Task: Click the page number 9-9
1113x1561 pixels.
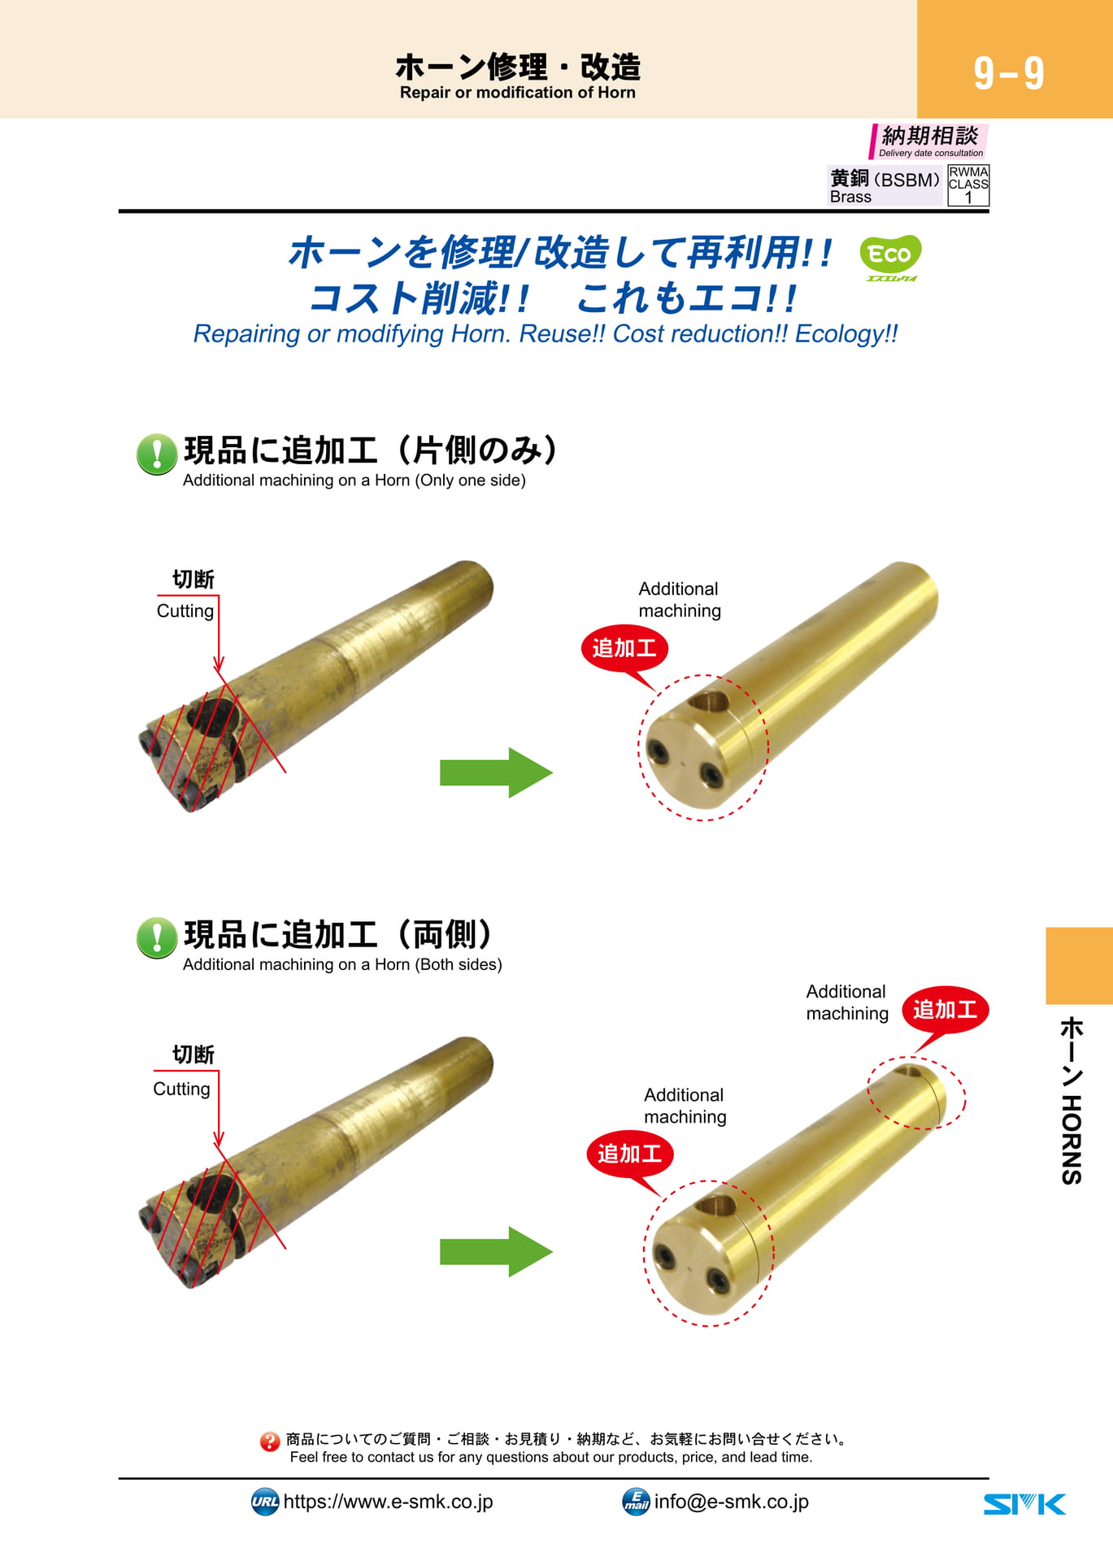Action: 1009,73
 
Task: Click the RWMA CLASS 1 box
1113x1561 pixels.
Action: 968,185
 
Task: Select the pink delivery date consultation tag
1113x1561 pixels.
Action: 928,141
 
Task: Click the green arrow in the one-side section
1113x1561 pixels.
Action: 496,772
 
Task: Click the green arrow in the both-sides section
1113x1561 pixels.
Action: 496,1251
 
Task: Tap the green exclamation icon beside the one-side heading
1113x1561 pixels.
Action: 157,454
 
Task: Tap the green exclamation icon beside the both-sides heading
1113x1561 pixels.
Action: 157,937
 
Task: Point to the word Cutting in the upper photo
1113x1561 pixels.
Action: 185,611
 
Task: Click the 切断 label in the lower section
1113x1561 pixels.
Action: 193,1054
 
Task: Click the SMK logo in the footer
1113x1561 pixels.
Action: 1024,1504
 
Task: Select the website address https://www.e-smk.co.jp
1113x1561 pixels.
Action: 388,1502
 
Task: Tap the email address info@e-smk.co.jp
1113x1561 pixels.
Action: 731,1502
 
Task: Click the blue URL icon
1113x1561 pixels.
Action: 265,1502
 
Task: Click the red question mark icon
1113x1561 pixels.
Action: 270,1441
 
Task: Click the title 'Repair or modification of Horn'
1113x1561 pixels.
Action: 517,93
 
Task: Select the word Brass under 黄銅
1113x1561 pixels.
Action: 850,197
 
